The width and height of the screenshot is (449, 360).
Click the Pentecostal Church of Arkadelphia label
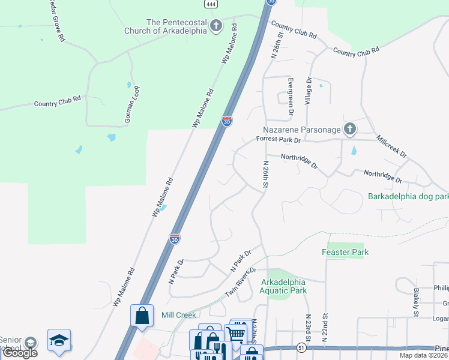pyautogui.click(x=163, y=26)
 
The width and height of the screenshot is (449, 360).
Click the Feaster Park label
pyautogui.click(x=345, y=253)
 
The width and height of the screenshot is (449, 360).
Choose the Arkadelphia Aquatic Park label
pyautogui.click(x=283, y=286)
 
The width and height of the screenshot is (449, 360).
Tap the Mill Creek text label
pyautogui.click(x=179, y=315)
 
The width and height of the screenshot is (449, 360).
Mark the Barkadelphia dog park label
pyautogui.click(x=408, y=196)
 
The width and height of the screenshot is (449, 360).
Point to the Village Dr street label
pyautogui.click(x=308, y=91)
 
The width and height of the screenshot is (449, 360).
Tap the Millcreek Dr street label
pyautogui.click(x=391, y=146)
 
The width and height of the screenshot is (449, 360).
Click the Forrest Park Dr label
pyautogui.click(x=277, y=139)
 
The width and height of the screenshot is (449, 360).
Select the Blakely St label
pyautogui.click(x=415, y=302)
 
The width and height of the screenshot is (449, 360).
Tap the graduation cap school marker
pyautogui.click(x=59, y=340)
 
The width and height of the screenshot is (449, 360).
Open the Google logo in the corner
pyautogui.click(x=20, y=353)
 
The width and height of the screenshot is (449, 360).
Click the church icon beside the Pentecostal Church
pyautogui.click(x=215, y=26)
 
